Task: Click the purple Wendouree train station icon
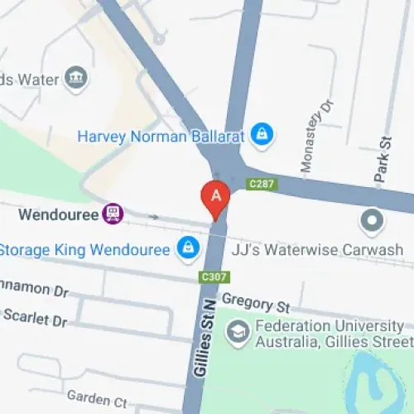(113, 214)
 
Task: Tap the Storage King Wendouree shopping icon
(189, 248)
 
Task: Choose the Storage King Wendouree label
(85, 248)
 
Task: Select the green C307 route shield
(214, 276)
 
